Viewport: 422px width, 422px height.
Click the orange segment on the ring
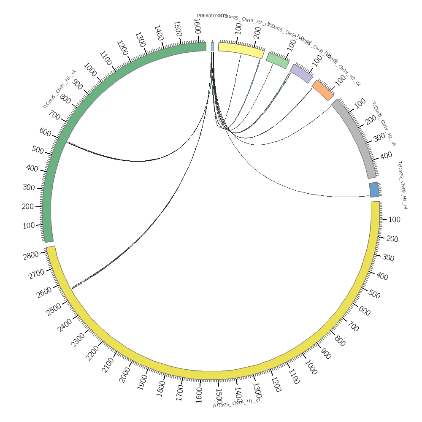pos(323,90)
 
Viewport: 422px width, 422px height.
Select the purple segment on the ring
pos(301,73)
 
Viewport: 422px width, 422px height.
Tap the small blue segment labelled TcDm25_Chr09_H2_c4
pos(374,190)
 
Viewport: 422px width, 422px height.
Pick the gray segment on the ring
pos(357,137)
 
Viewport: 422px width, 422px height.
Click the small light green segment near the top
pos(278,60)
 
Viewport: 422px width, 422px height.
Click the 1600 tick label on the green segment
pos(197,28)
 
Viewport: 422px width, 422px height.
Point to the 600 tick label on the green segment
pos(45,132)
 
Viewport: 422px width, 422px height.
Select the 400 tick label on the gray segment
pos(386,156)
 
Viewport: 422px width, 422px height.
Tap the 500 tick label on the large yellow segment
pos(374,294)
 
